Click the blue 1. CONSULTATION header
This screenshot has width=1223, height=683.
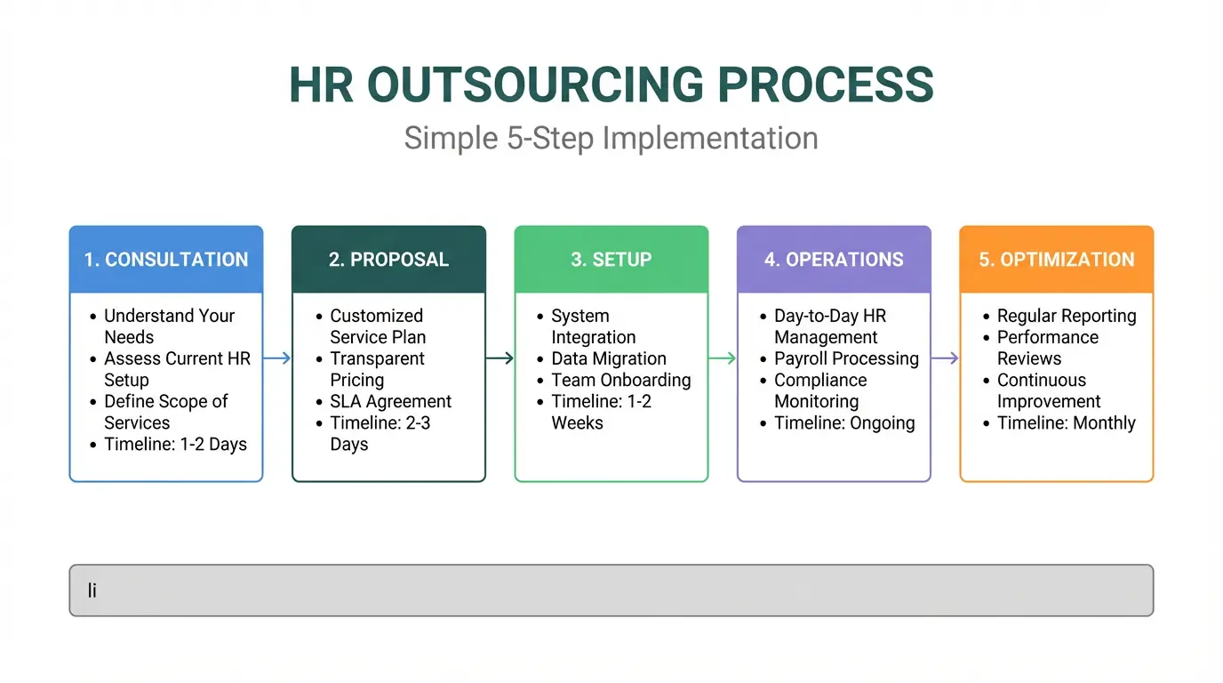[x=166, y=260]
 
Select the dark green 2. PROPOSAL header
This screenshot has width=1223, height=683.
[x=388, y=260]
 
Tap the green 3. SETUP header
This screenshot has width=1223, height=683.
[x=611, y=260]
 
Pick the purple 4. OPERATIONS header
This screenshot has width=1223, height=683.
[x=834, y=260]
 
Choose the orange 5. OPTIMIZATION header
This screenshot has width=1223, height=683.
[x=1057, y=260]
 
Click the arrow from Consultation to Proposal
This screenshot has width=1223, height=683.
[x=277, y=358]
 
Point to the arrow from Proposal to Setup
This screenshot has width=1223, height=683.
[x=500, y=358]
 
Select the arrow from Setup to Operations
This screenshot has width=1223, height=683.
[x=723, y=358]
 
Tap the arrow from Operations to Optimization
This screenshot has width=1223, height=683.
[x=945, y=358]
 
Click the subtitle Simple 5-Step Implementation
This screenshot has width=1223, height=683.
[x=611, y=139]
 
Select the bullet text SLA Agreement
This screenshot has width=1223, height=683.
[x=390, y=401]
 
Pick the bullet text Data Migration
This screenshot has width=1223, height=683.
[x=608, y=358]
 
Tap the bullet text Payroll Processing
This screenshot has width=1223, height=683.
[x=846, y=358]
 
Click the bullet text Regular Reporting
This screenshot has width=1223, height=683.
[x=1066, y=316]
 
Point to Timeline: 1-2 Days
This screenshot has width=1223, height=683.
[x=175, y=444]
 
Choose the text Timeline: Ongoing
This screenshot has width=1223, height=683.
[x=844, y=422]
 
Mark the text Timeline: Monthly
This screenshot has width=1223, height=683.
[x=1066, y=422]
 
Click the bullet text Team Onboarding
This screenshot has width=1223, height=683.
[x=620, y=380]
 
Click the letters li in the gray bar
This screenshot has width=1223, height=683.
[x=92, y=590]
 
